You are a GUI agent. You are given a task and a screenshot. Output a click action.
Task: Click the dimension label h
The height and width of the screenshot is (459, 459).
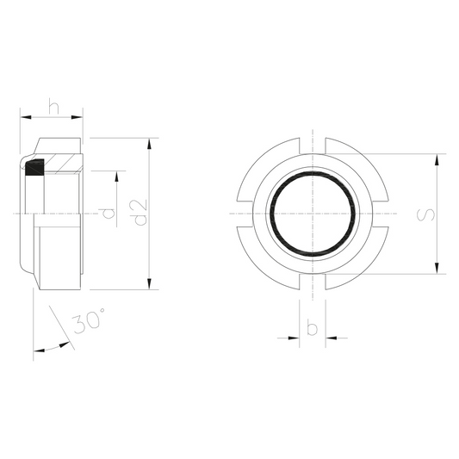pos(54,107)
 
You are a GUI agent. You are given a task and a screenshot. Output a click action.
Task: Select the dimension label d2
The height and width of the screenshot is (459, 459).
pos(140,213)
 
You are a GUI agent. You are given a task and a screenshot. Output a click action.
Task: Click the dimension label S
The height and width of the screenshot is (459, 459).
pos(425,214)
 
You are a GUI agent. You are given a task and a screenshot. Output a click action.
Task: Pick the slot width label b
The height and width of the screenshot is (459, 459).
pos(312,328)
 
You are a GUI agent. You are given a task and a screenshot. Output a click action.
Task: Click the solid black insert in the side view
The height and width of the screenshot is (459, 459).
pos(34,167)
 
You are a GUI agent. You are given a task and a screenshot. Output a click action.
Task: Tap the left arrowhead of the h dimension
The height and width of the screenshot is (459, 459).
pos(26,117)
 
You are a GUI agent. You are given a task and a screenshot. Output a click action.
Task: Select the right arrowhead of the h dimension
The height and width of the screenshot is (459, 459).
pos(77,117)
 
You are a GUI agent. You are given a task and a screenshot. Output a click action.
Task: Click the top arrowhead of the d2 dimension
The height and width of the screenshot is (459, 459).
pos(149,144)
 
